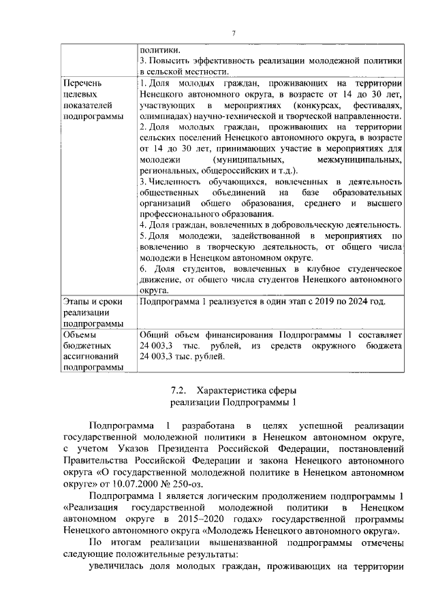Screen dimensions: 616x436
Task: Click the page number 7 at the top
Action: tap(232, 34)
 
